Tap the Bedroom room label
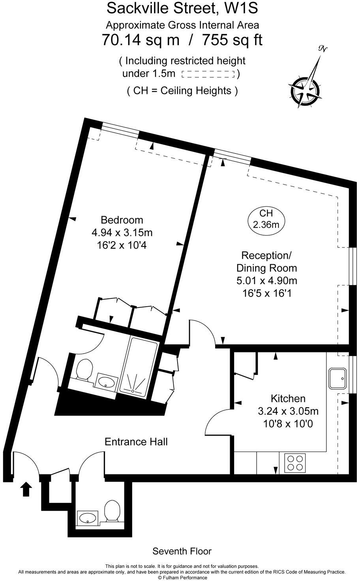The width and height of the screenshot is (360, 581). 122,220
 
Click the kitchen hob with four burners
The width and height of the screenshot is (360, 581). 295,463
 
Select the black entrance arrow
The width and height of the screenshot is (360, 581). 26,489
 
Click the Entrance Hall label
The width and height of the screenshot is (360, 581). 136,441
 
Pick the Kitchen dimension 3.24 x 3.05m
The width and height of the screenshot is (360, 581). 288,411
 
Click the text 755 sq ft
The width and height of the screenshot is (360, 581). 232,40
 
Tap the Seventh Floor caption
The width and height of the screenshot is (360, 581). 182,551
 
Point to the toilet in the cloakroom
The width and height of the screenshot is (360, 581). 112,511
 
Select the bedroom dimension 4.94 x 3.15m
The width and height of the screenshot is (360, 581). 122,232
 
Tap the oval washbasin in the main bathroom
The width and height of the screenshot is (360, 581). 106,382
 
